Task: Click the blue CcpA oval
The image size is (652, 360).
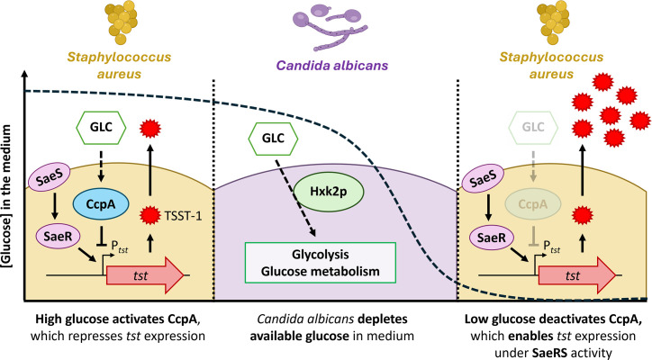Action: pyautogui.click(x=101, y=204)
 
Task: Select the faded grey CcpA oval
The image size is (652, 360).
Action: pyautogui.click(x=533, y=204)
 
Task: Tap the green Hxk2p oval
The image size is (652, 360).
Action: pyautogui.click(x=329, y=191)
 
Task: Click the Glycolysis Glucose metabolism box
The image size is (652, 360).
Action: pyautogui.click(x=321, y=263)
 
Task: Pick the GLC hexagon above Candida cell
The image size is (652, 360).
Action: pyautogui.click(x=273, y=139)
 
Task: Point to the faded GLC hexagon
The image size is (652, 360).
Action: pyautogui.click(x=533, y=127)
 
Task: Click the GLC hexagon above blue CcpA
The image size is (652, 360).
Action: pyautogui.click(x=101, y=127)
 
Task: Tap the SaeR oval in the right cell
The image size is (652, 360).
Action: pyautogui.click(x=492, y=238)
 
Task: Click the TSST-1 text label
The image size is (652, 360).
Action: pyautogui.click(x=183, y=216)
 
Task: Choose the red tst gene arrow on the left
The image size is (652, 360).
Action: pyautogui.click(x=145, y=275)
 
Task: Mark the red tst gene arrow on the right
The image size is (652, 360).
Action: pyautogui.click(x=577, y=275)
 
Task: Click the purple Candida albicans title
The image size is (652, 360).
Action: pyautogui.click(x=332, y=66)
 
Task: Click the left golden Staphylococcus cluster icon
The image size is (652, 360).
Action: pyautogui.click(x=121, y=22)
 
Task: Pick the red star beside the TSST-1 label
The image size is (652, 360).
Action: pyautogui.click(x=150, y=215)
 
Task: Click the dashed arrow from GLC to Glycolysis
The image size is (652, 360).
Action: pyautogui.click(x=294, y=198)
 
